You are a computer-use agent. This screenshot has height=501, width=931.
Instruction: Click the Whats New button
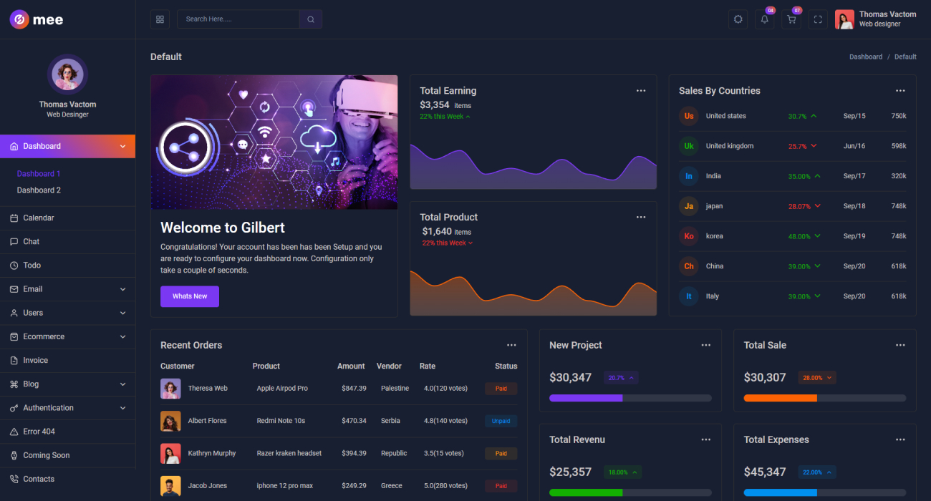click(x=190, y=296)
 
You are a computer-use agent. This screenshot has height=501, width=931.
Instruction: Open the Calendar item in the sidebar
click(x=38, y=218)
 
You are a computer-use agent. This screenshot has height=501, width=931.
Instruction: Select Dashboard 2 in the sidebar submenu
click(x=39, y=190)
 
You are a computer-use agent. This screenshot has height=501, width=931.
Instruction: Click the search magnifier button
click(x=311, y=19)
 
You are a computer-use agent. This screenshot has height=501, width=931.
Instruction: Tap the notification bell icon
click(x=764, y=19)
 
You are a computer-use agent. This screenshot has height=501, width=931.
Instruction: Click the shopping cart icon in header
click(x=791, y=19)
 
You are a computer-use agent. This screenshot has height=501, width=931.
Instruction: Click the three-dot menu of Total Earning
click(x=641, y=91)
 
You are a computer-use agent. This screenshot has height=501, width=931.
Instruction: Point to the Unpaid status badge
click(x=501, y=421)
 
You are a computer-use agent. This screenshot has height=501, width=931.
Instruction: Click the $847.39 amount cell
click(x=354, y=388)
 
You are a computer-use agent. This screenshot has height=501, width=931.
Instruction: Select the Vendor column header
click(x=389, y=366)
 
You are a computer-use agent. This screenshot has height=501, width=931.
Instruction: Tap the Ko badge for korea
click(x=689, y=236)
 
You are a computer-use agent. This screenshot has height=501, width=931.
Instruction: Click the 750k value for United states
click(x=899, y=116)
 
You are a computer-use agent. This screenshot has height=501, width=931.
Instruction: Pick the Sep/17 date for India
click(x=854, y=176)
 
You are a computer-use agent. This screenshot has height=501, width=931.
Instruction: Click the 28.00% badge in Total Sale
click(x=817, y=377)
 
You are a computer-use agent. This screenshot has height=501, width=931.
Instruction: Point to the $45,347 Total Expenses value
click(x=765, y=472)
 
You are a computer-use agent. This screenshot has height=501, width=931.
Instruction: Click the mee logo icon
click(x=19, y=19)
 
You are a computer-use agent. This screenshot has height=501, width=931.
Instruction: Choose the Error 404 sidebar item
click(x=39, y=432)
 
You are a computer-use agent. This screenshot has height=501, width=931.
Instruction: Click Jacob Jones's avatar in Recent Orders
click(x=170, y=486)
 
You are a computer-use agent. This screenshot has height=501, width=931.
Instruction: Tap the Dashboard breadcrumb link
click(x=866, y=57)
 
